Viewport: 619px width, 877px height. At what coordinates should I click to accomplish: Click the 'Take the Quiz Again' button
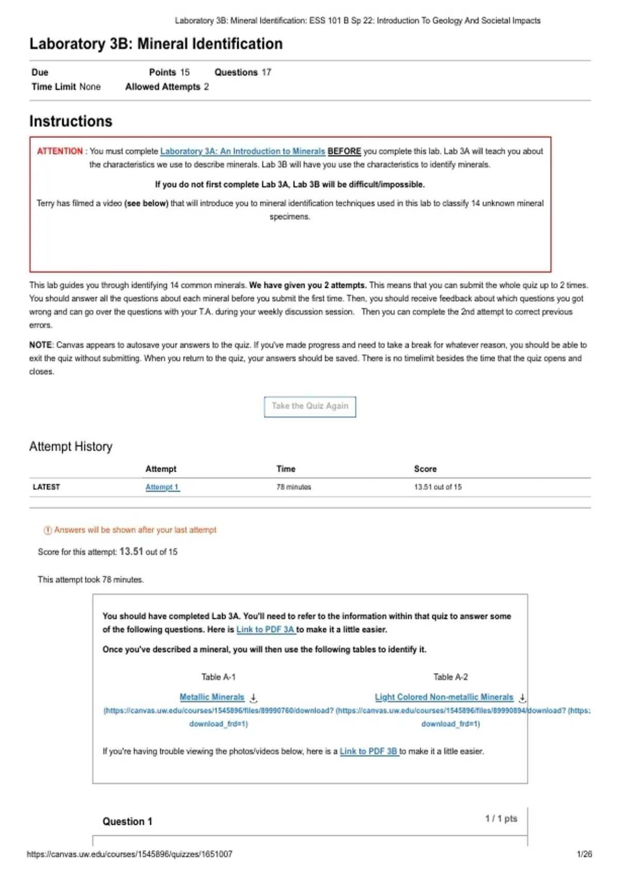point(310,407)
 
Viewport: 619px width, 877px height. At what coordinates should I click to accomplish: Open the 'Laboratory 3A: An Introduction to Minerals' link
point(242,151)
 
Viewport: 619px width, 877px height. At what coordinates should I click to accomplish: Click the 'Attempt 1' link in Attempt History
point(162,487)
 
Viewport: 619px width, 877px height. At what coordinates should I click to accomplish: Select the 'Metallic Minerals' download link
point(212,697)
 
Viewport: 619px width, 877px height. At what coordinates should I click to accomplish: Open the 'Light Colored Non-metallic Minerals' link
point(444,697)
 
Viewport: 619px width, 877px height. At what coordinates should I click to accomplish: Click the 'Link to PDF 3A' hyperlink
point(265,629)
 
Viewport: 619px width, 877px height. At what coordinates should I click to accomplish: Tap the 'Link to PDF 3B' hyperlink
point(368,751)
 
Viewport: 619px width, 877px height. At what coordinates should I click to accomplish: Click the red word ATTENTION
point(60,151)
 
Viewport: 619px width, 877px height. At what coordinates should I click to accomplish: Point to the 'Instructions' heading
point(71,121)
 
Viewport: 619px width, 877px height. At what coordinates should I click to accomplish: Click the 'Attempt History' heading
point(71,446)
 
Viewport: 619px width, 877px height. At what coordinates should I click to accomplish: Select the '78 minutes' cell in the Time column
point(294,487)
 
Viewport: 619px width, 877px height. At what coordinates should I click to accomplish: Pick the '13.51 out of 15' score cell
point(437,487)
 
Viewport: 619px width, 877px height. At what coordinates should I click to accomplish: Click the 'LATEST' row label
point(46,487)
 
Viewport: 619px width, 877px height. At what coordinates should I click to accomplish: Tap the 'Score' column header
point(425,469)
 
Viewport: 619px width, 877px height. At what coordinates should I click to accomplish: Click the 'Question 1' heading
point(127,821)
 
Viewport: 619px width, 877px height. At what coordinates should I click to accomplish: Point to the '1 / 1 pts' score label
point(501,819)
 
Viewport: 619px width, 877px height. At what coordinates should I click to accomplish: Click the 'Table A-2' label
point(450,677)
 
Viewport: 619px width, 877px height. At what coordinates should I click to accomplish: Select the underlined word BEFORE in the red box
point(344,151)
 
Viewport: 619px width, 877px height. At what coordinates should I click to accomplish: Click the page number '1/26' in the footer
point(584,854)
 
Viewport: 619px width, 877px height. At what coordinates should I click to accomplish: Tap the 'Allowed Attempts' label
point(162,87)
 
